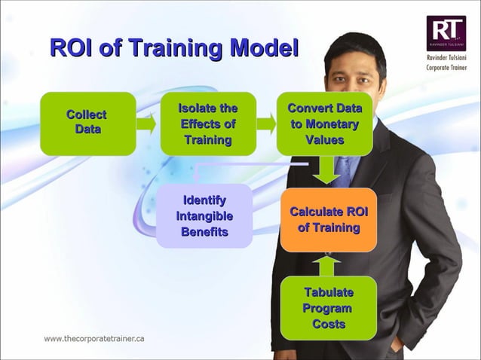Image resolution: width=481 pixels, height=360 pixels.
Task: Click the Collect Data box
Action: pyautogui.click(x=87, y=124)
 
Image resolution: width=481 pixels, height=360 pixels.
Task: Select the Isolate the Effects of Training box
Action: pyautogui.click(x=208, y=124)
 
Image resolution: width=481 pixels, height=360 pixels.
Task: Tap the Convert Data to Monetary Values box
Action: pyautogui.click(x=324, y=124)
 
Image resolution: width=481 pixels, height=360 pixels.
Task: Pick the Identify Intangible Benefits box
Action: pyautogui.click(x=204, y=216)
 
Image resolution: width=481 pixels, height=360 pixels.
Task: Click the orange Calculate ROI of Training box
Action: pyautogui.click(x=328, y=219)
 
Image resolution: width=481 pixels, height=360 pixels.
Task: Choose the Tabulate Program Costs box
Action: pyautogui.click(x=328, y=308)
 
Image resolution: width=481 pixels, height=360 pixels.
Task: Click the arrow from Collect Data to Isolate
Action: pyautogui.click(x=148, y=124)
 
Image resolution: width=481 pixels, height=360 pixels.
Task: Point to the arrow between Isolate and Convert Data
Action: pyautogui.click(x=266, y=124)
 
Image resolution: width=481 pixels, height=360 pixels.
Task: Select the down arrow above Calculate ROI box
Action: pyautogui.click(x=327, y=171)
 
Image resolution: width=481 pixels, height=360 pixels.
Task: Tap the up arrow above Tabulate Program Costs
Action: pyautogui.click(x=327, y=264)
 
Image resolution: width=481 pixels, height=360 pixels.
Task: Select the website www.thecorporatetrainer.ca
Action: pyautogui.click(x=94, y=338)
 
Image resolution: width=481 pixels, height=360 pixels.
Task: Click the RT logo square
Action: pyautogui.click(x=446, y=33)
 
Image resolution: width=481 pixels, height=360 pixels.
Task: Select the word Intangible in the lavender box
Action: pyautogui.click(x=204, y=216)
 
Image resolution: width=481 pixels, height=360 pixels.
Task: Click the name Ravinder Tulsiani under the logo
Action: pyautogui.click(x=446, y=58)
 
